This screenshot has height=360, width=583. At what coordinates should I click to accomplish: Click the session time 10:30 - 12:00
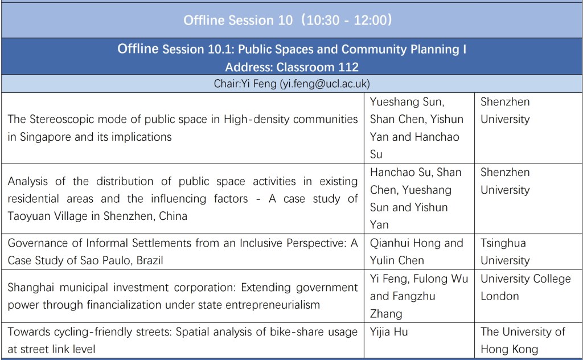pos(347,20)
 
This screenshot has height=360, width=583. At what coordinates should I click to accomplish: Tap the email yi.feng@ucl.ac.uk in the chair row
pos(325,84)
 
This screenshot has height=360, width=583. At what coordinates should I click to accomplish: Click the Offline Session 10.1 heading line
pos(292,49)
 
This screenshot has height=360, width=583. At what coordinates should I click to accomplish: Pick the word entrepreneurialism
pos(273,305)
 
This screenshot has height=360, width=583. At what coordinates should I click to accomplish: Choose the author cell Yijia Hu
pos(389,332)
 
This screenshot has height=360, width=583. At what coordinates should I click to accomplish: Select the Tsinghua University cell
pos(505,252)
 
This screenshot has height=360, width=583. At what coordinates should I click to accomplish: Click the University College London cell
pos(525,288)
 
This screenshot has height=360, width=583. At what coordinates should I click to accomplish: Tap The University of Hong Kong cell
pos(523,340)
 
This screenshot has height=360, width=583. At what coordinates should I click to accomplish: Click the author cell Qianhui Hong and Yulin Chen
pos(416,252)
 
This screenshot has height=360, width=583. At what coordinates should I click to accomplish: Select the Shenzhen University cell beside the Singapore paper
pos(505,111)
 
